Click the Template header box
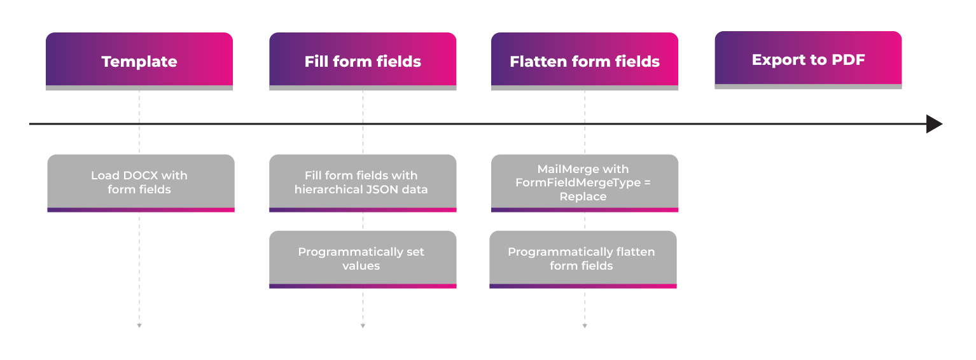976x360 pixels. point(139,61)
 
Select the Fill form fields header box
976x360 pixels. point(363,61)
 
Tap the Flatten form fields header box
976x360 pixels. point(585,61)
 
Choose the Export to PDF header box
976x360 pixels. point(808,60)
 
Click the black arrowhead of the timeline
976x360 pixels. point(933,124)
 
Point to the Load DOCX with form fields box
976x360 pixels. point(141,183)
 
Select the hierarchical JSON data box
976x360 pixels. point(363,183)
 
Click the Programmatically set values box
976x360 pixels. point(363,259)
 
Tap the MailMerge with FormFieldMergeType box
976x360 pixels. point(585,183)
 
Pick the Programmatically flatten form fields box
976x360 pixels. point(583,259)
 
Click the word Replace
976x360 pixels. point(583,197)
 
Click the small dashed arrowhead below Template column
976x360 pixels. point(139,326)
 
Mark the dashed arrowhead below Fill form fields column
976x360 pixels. point(363,326)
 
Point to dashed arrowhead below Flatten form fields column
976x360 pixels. point(585,326)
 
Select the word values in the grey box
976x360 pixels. point(361,266)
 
